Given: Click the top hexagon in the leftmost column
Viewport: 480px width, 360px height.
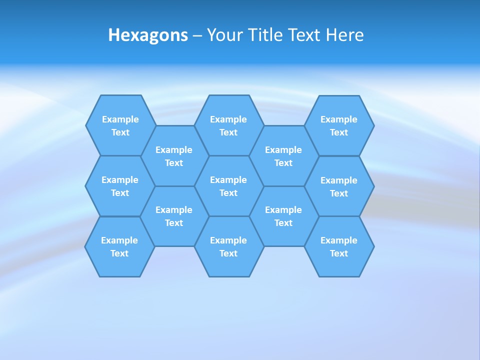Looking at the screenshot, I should [120, 125].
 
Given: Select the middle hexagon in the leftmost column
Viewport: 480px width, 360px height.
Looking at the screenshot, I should [120, 186].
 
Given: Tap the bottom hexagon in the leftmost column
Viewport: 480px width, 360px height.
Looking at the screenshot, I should [119, 246].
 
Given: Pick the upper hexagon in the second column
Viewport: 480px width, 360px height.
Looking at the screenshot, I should [174, 156].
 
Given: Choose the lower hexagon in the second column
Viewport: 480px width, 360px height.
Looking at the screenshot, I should [174, 216].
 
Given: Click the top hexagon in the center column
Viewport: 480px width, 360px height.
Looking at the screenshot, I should [228, 125].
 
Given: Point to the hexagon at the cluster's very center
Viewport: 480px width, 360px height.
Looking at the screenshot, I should [228, 186].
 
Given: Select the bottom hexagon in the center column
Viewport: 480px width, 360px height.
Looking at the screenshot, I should [228, 246].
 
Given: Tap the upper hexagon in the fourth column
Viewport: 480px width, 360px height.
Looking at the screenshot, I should [283, 156].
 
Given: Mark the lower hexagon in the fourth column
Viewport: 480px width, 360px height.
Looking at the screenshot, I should [283, 216].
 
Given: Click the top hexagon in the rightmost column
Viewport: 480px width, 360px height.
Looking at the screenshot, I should [339, 125].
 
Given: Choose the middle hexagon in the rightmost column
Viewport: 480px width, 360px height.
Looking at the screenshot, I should [339, 186].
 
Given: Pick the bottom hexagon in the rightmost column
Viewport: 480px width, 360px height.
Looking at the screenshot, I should [339, 246].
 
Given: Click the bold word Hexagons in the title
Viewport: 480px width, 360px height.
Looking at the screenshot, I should [148, 35].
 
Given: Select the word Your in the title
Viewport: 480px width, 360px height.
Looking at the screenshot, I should [223, 35].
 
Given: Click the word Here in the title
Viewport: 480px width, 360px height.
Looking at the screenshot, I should [345, 35].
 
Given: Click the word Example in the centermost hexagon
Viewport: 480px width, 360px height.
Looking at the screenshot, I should [228, 180].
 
